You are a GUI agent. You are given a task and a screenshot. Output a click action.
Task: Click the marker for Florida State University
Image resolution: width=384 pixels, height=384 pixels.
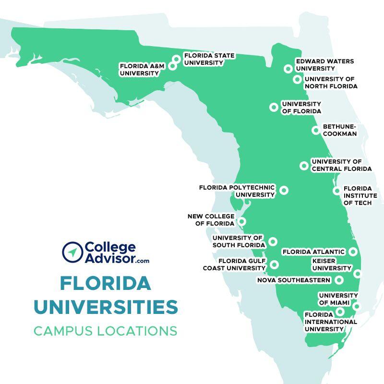177,59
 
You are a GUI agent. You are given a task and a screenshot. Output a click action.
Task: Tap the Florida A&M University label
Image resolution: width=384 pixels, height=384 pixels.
139,70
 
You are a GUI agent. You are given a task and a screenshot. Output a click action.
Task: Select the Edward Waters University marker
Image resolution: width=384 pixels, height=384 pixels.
288,69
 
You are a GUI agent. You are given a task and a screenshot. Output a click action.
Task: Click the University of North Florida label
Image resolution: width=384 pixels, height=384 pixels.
331,83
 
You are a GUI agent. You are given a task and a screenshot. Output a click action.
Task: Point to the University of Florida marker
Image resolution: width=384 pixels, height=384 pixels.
274,107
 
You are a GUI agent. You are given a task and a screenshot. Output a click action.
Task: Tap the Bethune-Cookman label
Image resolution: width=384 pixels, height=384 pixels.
340,130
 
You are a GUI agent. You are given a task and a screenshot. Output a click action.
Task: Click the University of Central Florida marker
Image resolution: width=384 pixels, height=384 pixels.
304,166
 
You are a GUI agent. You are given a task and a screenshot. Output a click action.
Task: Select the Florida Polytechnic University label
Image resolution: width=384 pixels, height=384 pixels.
237,191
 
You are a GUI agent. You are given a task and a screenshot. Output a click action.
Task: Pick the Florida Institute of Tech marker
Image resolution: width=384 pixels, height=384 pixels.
337,191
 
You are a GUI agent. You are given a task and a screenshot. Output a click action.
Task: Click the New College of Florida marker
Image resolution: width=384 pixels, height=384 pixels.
242,221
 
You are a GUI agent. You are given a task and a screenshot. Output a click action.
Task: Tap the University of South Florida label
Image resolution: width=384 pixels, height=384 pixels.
238,241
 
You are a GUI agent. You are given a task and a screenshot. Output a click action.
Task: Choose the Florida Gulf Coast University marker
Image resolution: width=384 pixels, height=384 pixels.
274,264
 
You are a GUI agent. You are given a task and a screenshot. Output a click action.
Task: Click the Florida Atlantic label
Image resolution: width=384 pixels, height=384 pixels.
313,252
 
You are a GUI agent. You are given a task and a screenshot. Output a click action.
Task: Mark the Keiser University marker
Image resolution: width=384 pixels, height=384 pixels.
358,274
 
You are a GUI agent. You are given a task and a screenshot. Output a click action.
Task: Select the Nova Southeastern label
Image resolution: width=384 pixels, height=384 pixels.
294,280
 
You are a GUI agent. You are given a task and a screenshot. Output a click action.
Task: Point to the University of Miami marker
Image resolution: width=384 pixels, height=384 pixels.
356,306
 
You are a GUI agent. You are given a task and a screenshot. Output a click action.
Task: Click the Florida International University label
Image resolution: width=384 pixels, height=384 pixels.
331,322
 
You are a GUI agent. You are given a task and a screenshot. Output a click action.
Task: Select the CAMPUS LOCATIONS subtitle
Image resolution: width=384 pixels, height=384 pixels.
105,331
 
